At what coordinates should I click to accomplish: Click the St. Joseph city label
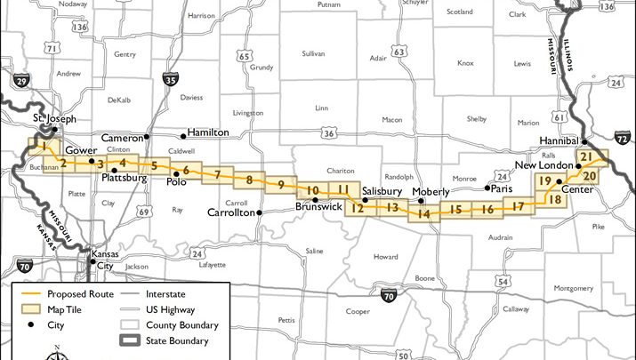tap(54, 118)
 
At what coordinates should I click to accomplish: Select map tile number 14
tap(424, 213)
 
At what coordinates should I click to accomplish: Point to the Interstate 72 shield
tap(622, 140)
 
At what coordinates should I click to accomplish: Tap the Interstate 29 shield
tap(21, 82)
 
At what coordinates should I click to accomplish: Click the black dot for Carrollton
tap(259, 213)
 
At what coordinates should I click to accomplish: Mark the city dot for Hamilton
tap(183, 135)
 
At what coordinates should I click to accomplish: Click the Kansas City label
tap(105, 260)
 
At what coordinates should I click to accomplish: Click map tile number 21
tap(585, 156)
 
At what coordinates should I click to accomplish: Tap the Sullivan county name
tap(313, 54)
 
